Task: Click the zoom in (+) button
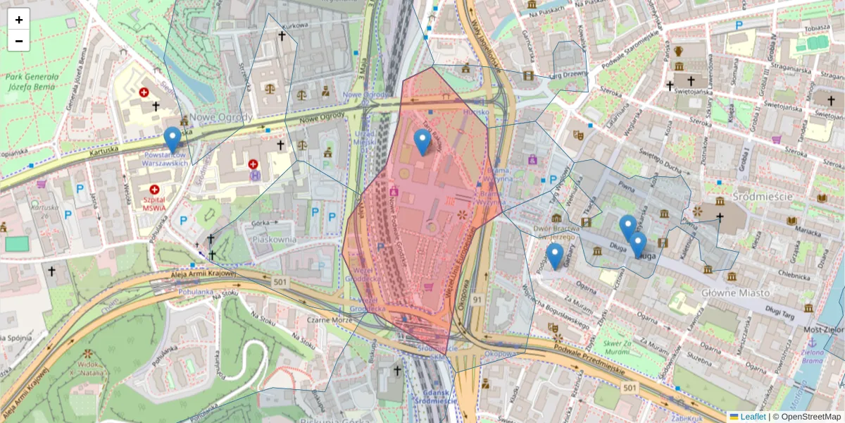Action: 19,20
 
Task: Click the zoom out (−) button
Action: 19,41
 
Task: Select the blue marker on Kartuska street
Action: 172,140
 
